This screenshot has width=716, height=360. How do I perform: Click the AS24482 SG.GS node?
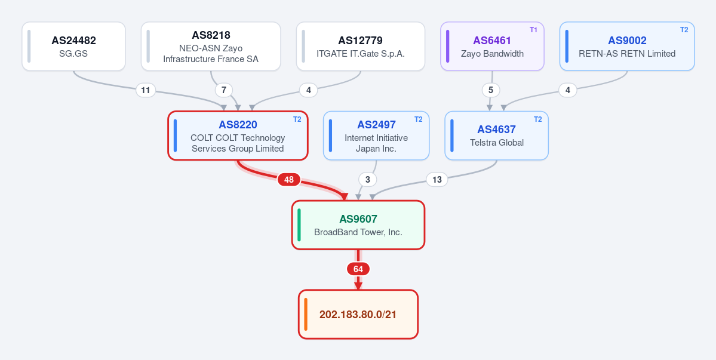73,46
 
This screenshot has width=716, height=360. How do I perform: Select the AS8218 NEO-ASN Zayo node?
211,46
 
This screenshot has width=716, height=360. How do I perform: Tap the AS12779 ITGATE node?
360,46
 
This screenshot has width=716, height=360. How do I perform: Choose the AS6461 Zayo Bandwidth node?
492,46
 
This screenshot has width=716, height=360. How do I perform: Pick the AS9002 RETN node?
627,46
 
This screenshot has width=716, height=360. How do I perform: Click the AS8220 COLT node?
238,136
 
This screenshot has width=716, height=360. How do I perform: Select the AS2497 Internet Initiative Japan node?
376,136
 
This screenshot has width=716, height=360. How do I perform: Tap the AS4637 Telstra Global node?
496,136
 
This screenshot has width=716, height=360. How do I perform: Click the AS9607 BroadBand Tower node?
358,225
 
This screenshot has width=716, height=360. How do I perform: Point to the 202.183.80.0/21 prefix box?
358,315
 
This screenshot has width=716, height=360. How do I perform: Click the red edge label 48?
288,180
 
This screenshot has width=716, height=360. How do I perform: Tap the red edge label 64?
358,269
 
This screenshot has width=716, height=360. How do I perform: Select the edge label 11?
145,90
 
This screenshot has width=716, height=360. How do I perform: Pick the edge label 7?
224,90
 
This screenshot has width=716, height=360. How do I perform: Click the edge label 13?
437,180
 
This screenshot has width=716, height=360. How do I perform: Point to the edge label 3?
368,180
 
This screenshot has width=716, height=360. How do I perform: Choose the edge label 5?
491,90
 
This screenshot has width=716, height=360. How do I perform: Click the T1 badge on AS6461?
533,30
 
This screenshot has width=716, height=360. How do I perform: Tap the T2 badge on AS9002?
684,30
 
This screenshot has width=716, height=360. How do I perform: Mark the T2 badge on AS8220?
297,119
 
